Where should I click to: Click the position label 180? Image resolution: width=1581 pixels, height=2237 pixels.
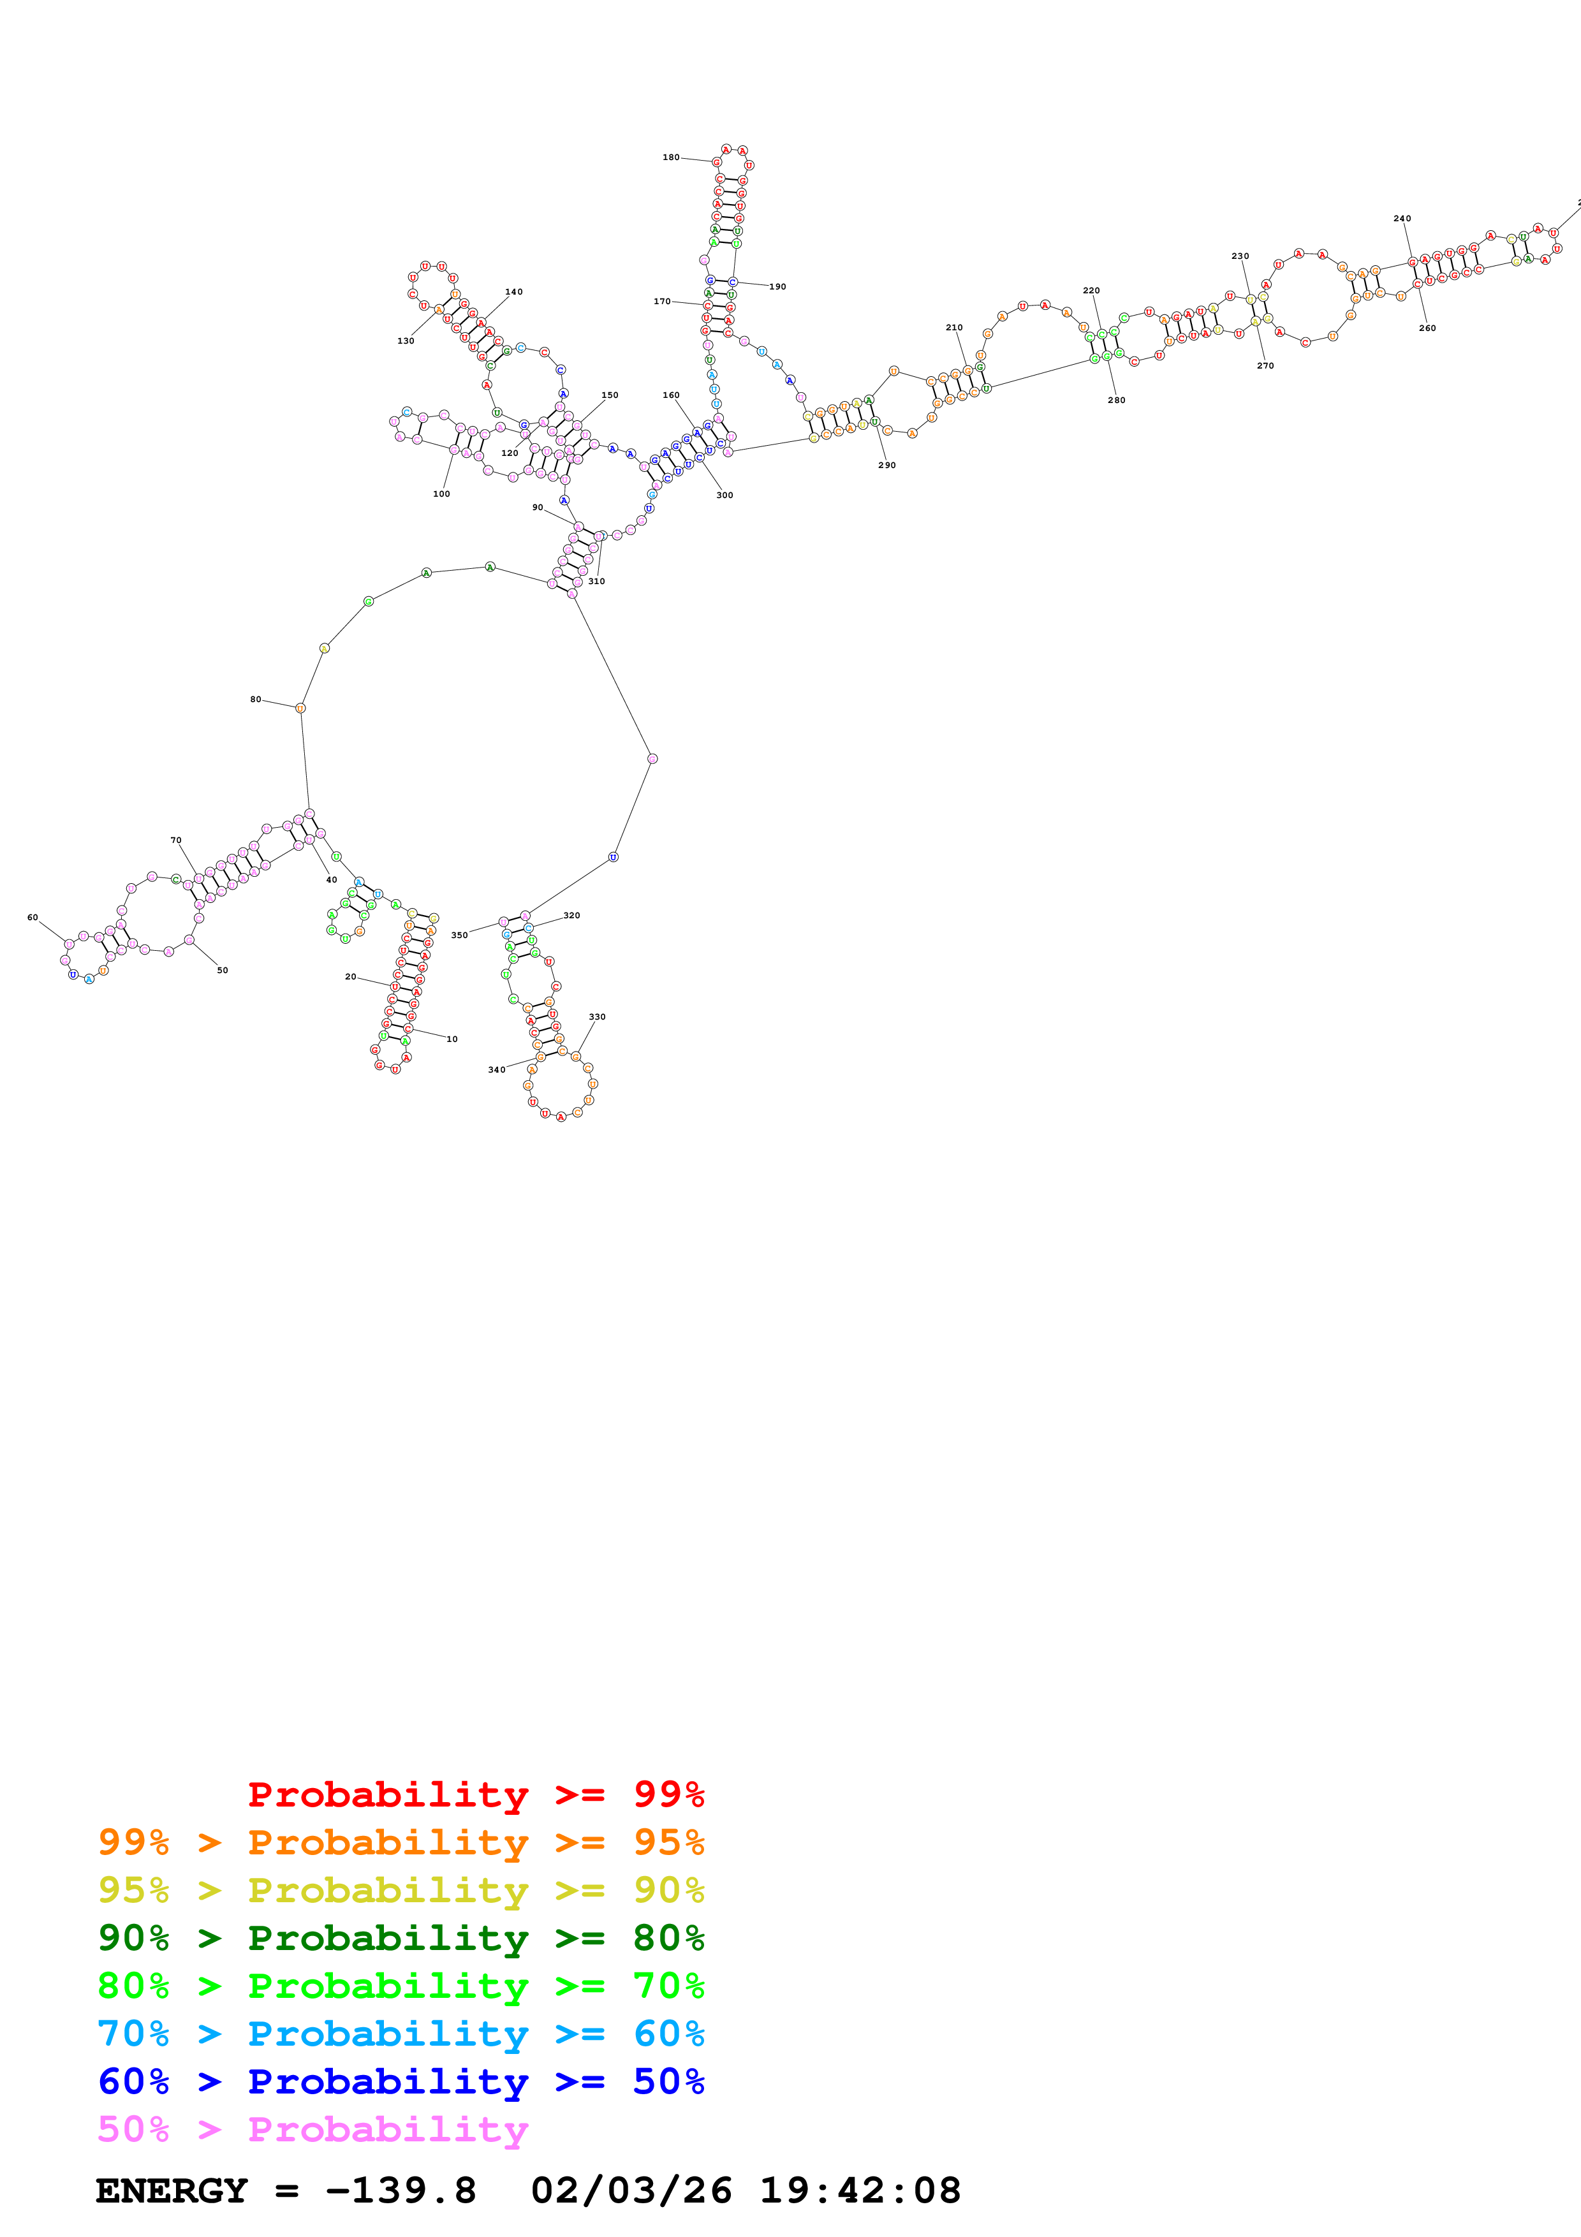tap(671, 157)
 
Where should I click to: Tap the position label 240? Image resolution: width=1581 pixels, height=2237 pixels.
tap(1402, 218)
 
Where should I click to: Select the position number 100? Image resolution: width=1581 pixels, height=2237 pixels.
tap(441, 494)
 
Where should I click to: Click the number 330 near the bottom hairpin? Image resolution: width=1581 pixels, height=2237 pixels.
tap(597, 1016)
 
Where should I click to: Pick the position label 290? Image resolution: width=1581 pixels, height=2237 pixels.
tap(886, 465)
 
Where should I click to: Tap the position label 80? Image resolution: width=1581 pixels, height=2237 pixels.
tap(255, 698)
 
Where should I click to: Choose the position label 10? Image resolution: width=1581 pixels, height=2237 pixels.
tap(452, 1039)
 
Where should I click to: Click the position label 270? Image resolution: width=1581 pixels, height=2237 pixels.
tap(1265, 365)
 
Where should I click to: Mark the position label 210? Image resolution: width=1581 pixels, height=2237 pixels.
tap(953, 327)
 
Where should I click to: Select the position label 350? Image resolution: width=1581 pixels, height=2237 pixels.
tap(459, 934)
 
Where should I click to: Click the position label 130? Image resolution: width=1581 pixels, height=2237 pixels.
tap(405, 341)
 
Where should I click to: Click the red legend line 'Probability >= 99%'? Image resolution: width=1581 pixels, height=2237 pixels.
tap(475, 1794)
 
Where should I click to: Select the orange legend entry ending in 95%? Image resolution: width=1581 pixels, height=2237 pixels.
tap(401, 1842)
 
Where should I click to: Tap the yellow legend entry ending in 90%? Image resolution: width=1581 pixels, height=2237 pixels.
tap(401, 1889)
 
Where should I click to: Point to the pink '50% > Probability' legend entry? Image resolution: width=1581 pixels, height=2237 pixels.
tap(313, 2129)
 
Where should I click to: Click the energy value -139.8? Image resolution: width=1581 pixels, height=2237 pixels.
tap(401, 2190)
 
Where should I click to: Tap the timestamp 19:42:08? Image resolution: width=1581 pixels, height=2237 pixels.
tap(859, 2190)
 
